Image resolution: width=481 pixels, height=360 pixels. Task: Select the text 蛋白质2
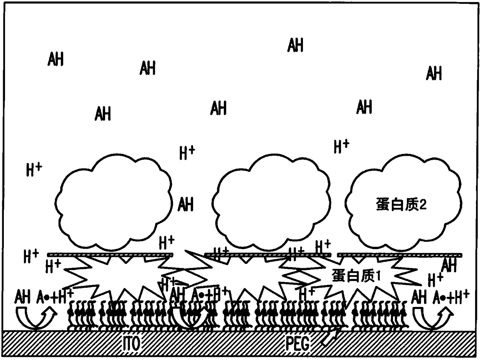pos(401,205)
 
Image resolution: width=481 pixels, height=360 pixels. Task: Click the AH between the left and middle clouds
pos(185,204)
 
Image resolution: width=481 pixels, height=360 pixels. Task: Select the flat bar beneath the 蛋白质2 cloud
pos(400,255)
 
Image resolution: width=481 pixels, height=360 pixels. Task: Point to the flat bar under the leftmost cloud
pos(110,255)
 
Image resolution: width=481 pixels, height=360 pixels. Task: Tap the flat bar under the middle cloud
pos(268,255)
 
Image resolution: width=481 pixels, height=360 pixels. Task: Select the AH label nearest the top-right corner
pos(434,73)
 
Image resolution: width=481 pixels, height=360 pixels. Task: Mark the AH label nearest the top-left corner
pos(56,59)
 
